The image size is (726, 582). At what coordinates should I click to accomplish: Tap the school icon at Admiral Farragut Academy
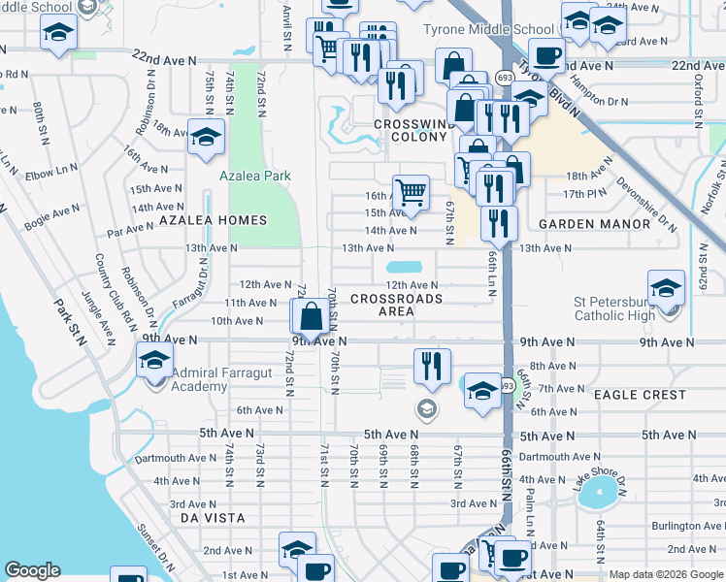tap(154, 360)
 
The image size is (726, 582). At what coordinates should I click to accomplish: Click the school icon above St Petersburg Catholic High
tap(667, 288)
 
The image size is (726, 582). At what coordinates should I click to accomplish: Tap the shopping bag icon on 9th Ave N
tap(310, 316)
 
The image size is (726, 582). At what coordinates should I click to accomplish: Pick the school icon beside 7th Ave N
tap(482, 390)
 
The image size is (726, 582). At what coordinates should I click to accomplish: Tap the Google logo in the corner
tap(32, 570)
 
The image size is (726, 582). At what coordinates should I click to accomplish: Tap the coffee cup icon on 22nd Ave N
tap(546, 56)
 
